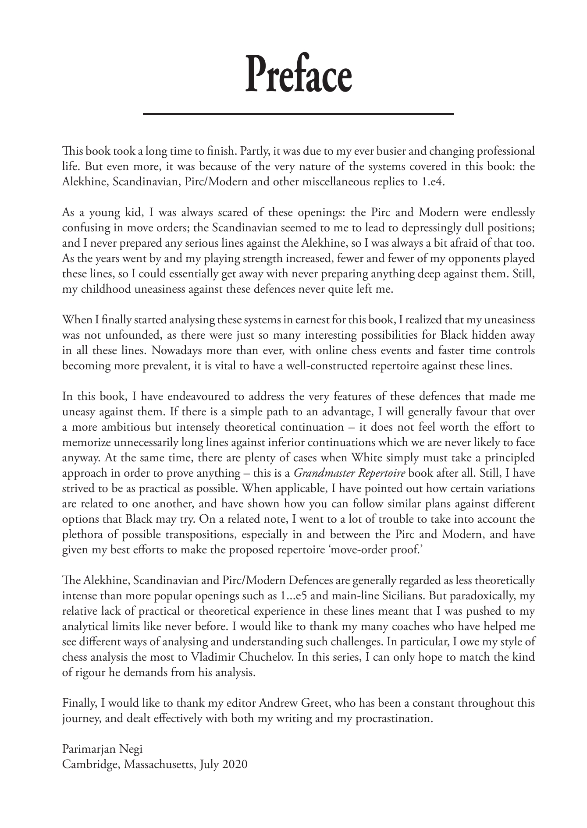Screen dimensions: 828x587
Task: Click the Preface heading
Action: [x=298, y=74]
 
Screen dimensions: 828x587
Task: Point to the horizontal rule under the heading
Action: [x=298, y=114]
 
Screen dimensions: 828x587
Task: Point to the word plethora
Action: [x=82, y=535]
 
